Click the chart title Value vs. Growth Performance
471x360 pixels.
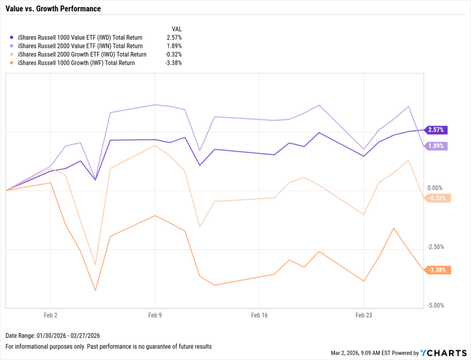coord(53,9)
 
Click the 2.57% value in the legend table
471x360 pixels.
coord(174,37)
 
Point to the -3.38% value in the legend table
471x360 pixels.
coord(173,63)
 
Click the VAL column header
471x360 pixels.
coord(176,28)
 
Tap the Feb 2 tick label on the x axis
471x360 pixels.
coord(50,315)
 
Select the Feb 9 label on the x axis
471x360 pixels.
coord(155,315)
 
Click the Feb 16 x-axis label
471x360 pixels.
coord(259,315)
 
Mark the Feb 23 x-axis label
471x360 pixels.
coord(363,315)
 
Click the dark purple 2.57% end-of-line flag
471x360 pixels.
coord(436,130)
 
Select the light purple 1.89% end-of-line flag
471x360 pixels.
coord(436,146)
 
